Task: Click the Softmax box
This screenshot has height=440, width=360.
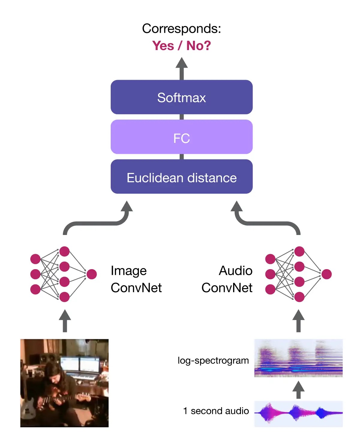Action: tap(181, 97)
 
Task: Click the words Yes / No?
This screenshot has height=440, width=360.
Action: tap(181, 46)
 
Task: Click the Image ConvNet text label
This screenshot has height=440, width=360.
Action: tap(136, 279)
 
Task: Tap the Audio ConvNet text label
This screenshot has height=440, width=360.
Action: tap(227, 279)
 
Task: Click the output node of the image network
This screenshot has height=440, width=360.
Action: tap(91, 274)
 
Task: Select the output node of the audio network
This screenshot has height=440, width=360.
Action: tap(326, 274)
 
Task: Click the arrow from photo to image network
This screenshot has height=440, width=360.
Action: tap(64, 321)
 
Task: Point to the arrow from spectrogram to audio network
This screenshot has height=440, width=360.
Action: tap(298, 321)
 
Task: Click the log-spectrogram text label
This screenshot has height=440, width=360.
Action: tap(213, 360)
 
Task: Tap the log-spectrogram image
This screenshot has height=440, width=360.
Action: tap(298, 358)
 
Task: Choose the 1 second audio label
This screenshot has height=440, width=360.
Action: tap(216, 411)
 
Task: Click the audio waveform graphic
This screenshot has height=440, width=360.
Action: tap(298, 414)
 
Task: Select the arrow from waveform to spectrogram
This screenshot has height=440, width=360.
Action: tap(298, 390)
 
